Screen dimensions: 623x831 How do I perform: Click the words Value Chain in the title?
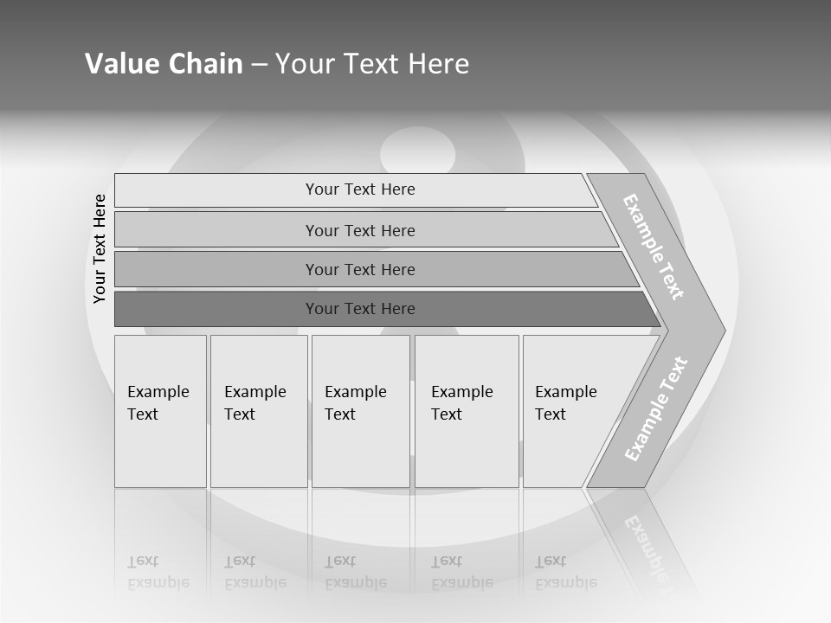point(164,64)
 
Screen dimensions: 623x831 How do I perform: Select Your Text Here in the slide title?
point(372,64)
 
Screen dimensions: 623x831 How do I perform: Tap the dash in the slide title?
point(259,65)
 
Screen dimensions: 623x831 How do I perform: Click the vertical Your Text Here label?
point(100,248)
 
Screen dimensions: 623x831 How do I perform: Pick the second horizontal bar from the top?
point(360,230)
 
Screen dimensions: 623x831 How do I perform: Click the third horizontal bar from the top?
point(360,269)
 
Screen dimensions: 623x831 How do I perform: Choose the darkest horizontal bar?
point(360,309)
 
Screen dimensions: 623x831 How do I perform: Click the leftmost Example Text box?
point(160,411)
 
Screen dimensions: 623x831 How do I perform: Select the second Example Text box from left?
point(258,411)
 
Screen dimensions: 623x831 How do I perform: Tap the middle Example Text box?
point(360,411)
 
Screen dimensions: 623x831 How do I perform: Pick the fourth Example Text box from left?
point(466,411)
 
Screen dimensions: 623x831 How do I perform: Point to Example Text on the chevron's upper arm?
point(654,247)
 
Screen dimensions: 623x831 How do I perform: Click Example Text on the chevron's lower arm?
point(656,409)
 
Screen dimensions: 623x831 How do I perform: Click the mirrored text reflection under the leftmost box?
point(158,572)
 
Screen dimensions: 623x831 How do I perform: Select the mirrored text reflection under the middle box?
point(355,572)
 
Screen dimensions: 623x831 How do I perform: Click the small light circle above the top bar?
point(417,151)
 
